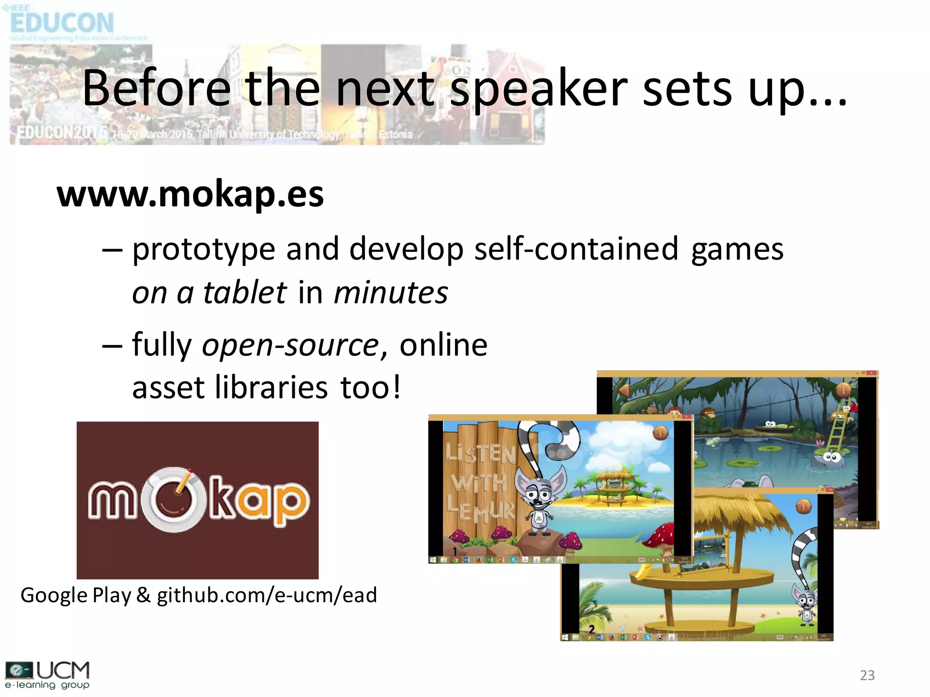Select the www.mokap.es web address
[x=190, y=194]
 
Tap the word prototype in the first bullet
[x=204, y=250]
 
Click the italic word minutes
[x=391, y=293]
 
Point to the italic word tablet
[x=245, y=293]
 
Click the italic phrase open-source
[x=290, y=345]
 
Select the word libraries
[x=271, y=388]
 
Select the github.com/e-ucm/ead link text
[x=267, y=595]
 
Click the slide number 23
[x=867, y=675]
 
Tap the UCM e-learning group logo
[x=47, y=675]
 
